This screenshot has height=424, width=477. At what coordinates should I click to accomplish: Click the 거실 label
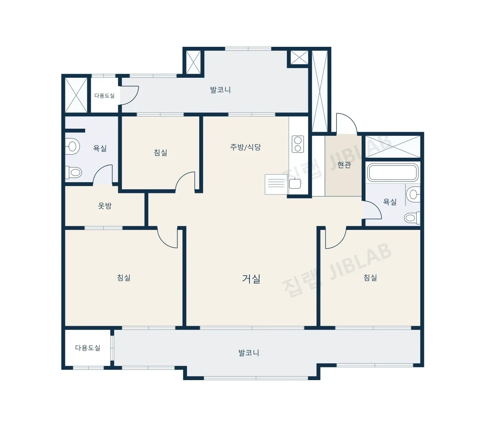(251, 279)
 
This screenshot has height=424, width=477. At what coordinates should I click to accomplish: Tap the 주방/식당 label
(245, 147)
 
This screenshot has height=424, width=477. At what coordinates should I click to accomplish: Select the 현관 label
(344, 165)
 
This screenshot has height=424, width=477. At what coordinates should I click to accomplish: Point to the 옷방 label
(104, 206)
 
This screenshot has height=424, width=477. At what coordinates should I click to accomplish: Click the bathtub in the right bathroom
(393, 173)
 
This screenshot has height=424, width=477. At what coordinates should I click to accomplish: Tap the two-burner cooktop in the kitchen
(298, 144)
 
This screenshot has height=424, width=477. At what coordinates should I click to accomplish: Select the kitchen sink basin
(295, 183)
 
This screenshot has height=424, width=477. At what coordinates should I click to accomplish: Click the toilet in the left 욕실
(74, 173)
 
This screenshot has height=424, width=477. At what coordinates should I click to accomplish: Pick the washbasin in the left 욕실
(72, 147)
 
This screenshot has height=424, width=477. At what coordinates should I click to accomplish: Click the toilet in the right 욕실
(412, 218)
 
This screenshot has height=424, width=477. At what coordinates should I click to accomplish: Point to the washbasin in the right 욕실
(413, 195)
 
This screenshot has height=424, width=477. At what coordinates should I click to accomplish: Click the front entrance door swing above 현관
(347, 123)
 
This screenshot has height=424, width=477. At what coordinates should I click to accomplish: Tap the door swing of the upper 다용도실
(129, 95)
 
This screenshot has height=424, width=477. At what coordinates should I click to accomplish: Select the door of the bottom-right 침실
(335, 238)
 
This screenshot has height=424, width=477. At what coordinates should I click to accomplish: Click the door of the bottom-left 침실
(167, 238)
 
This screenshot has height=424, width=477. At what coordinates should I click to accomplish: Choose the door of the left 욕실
(103, 174)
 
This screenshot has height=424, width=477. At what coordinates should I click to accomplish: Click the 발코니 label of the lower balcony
(249, 353)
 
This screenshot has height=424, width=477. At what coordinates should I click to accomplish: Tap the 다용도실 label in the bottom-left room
(88, 348)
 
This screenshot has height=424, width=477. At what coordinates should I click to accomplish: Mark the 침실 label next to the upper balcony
(160, 152)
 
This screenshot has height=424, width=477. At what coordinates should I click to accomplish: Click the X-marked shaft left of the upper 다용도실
(76, 95)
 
